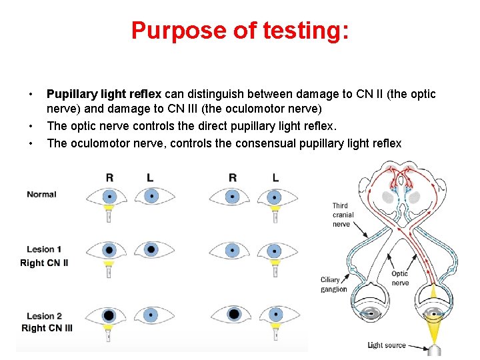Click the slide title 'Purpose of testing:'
[x=239, y=31]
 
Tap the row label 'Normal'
[x=41, y=195]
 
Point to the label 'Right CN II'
[x=44, y=263]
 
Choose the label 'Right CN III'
[x=47, y=328]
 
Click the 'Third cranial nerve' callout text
[x=343, y=215]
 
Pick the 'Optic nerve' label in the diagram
[x=400, y=278]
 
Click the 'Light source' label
[x=387, y=345]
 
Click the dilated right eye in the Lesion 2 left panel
[x=109, y=315]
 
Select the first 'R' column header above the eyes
[x=109, y=177]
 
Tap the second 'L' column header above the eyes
[x=275, y=177]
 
